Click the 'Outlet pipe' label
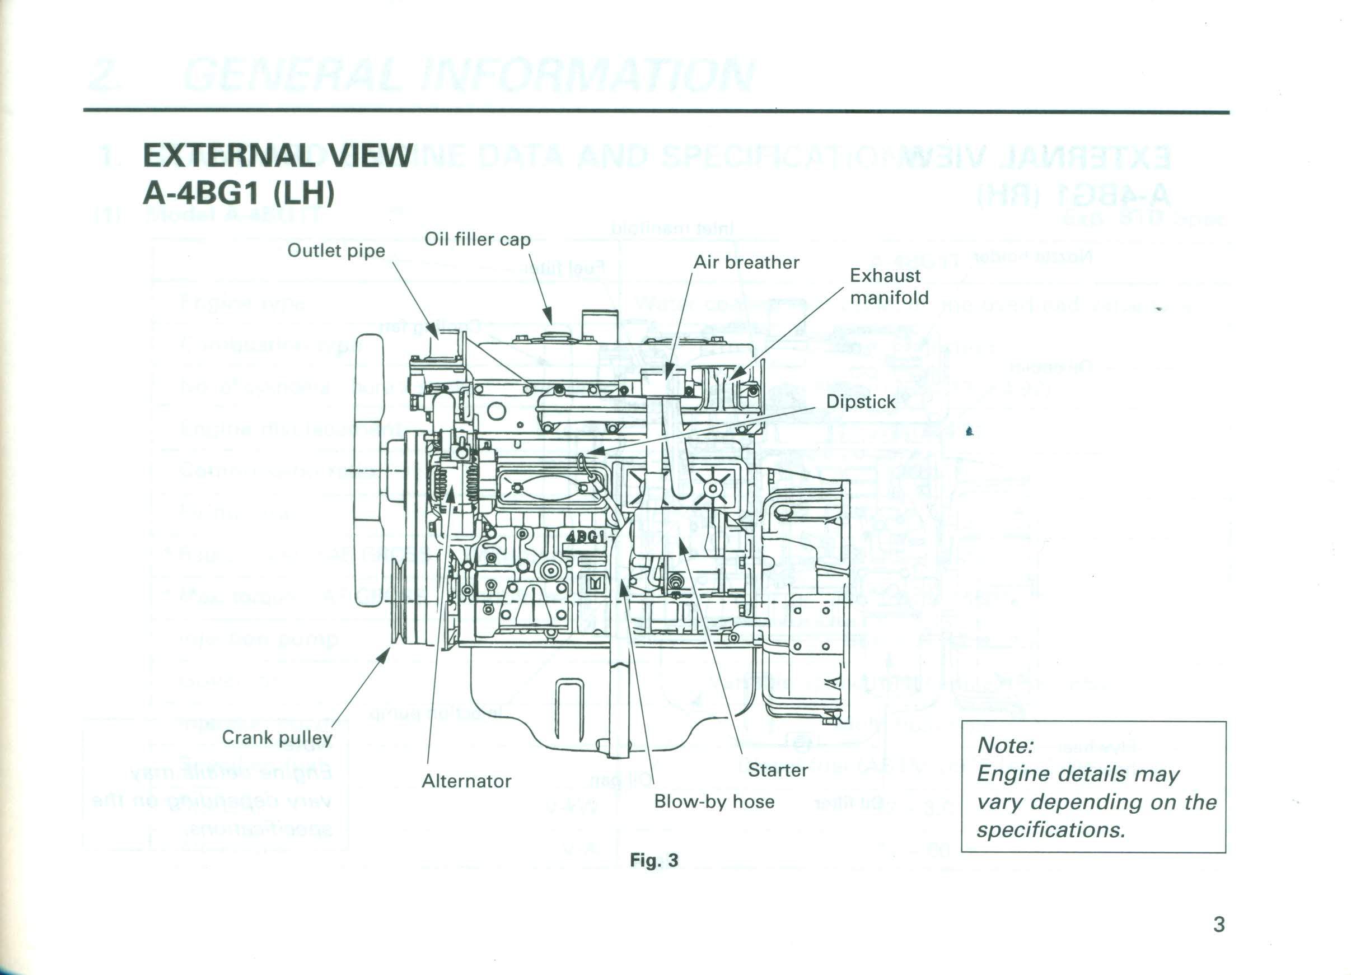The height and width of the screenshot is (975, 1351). [x=336, y=251]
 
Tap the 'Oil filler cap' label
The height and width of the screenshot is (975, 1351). [x=477, y=240]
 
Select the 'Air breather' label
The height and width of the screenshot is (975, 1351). [x=746, y=262]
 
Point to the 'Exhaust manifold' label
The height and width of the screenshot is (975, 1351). [x=888, y=287]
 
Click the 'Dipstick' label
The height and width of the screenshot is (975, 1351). [x=860, y=402]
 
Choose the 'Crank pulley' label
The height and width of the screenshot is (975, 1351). [x=277, y=738]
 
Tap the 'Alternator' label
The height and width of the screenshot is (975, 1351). [x=466, y=781]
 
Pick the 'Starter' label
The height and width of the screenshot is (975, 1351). [x=777, y=770]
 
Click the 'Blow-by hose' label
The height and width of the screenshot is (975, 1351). [x=714, y=801]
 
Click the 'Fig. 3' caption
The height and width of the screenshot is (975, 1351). [x=654, y=861]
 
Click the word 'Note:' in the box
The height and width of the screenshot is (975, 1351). [x=1005, y=745]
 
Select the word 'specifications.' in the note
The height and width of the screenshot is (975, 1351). [x=1051, y=830]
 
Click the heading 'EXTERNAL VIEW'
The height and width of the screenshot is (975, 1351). [x=278, y=156]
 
